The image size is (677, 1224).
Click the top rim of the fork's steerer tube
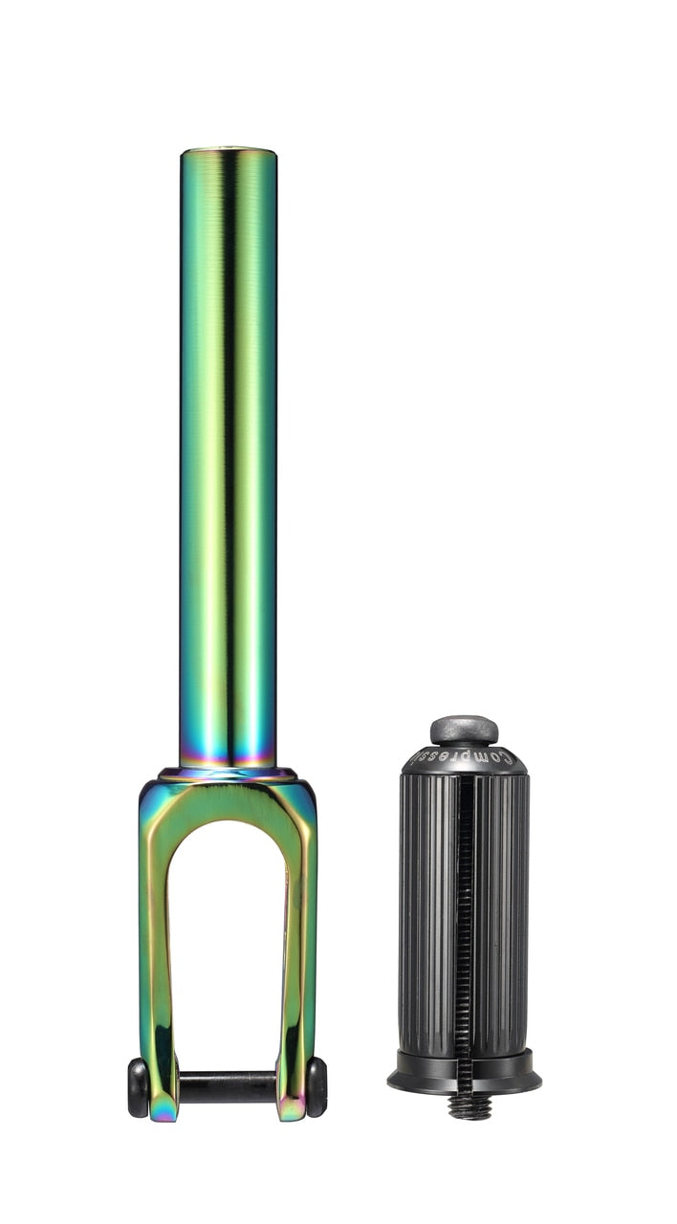click(229, 151)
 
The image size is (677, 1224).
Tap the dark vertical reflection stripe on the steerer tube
click(229, 430)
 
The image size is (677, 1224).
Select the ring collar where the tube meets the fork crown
click(229, 773)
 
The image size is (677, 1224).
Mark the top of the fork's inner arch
click(229, 822)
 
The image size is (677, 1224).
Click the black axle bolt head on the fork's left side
click(138, 1087)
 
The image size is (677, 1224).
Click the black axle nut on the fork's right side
click(317, 1087)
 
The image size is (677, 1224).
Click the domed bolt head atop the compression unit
click(464, 730)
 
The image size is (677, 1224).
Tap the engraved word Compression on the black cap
click(464, 758)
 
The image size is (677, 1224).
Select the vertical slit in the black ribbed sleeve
click(465, 908)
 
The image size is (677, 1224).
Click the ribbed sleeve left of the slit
click(426, 908)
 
